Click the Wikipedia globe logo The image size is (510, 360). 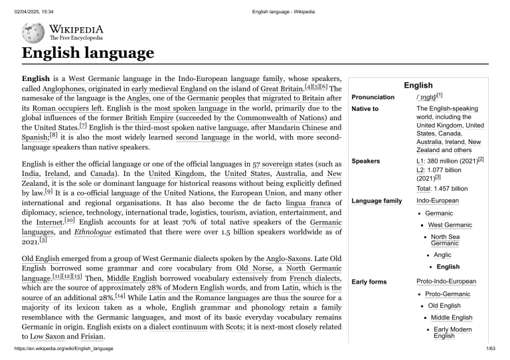[x=33, y=33]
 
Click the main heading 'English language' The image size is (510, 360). [x=88, y=53]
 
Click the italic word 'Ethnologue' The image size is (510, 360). [x=94, y=232]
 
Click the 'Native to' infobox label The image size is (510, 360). [x=365, y=108]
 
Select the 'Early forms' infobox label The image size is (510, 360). [x=369, y=282]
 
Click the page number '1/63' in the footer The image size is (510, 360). [x=491, y=348]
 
